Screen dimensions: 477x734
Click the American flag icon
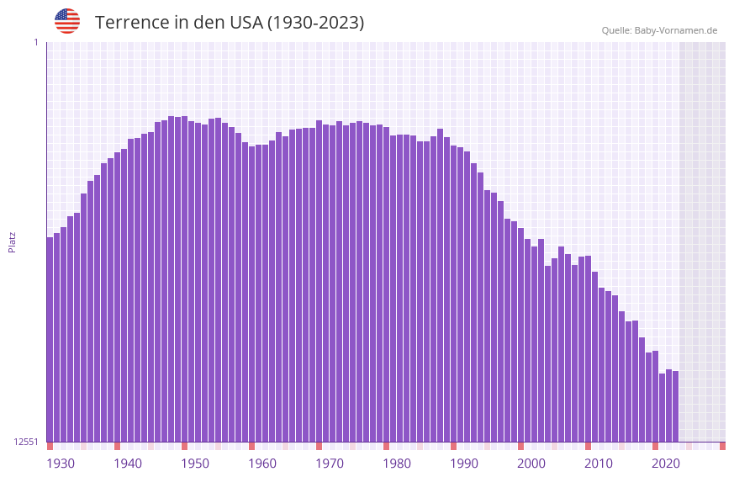67,21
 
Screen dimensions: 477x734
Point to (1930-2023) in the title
315,23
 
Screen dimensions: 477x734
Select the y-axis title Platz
12,241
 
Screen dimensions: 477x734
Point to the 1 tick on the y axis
35,42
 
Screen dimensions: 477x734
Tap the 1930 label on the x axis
61,464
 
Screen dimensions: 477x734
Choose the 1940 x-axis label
128,464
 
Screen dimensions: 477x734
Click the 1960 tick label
262,464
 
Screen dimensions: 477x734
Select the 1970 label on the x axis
330,464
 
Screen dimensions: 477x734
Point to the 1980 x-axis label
397,464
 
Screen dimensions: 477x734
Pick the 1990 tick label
464,464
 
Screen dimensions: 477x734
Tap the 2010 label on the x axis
599,464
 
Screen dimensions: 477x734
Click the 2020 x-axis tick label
666,464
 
